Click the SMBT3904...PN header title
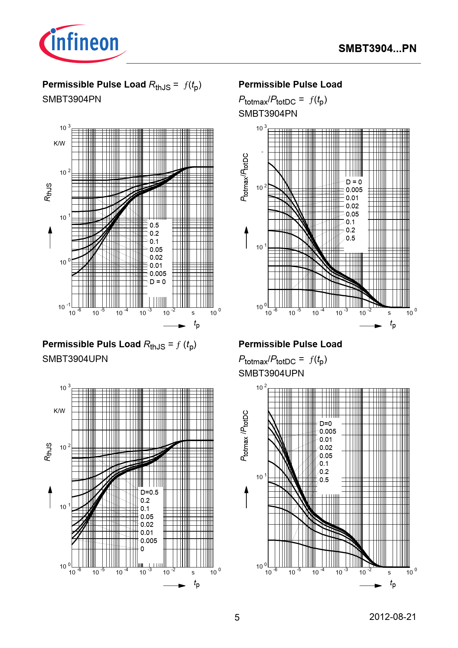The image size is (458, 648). click(x=377, y=48)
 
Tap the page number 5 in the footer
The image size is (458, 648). click(x=237, y=617)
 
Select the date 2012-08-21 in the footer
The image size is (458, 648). click(x=392, y=617)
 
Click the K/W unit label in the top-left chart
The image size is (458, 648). click(x=59, y=143)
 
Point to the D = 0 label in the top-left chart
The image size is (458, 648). click(x=158, y=282)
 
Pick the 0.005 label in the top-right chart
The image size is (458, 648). click(x=354, y=190)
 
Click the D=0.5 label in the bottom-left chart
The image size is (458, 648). click(x=149, y=492)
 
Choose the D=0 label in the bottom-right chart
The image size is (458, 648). click(x=325, y=423)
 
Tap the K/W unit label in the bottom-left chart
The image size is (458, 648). click(x=59, y=410)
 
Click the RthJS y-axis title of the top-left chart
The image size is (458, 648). click(x=48, y=192)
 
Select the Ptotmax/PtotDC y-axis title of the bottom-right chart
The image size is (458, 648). click(x=245, y=436)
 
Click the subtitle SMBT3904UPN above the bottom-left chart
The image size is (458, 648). click(x=75, y=359)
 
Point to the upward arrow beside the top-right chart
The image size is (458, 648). click(x=246, y=237)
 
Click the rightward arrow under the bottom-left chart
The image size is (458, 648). click(x=174, y=585)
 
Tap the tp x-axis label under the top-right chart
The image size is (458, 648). click(x=393, y=324)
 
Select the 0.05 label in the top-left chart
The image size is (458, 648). click(x=156, y=249)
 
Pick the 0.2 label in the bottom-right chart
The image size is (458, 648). click(x=324, y=472)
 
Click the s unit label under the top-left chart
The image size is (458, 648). click(x=193, y=313)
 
